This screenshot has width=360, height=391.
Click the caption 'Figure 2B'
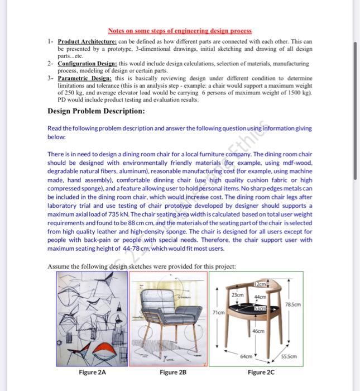172,371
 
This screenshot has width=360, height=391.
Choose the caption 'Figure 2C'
260,371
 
